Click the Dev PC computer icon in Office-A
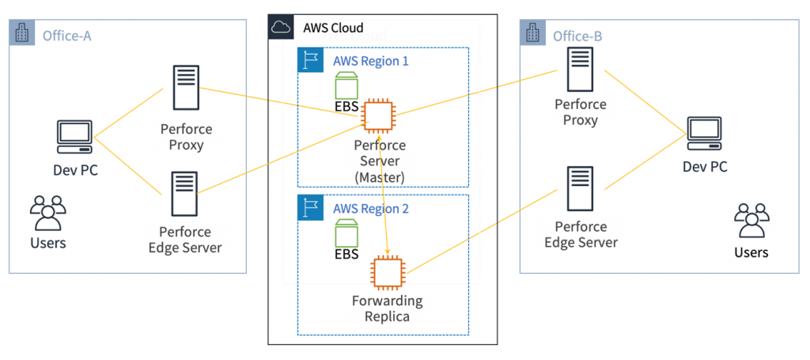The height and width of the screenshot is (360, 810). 75,137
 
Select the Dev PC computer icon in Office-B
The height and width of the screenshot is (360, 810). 704,134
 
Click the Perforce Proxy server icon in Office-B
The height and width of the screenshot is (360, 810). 581,70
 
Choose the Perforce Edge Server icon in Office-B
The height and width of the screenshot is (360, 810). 581,190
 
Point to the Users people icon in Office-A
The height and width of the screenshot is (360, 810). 47,212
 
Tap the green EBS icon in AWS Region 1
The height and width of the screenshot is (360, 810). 346,85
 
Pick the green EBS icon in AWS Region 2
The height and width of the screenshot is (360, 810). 346,233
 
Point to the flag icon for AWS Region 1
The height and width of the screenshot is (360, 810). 309,60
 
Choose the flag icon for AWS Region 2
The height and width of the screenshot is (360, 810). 309,207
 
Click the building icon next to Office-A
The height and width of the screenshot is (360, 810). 21,34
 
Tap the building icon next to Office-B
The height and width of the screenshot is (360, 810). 532,34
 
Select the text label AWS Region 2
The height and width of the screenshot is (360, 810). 370,207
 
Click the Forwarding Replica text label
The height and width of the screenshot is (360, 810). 388,309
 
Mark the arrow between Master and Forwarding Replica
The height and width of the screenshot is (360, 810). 384,194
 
